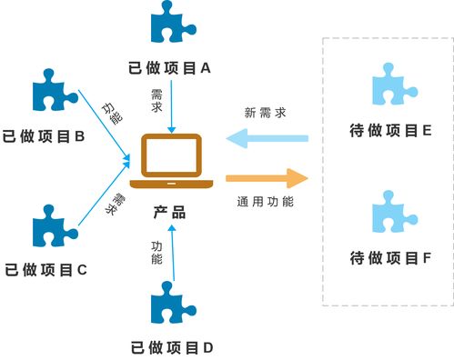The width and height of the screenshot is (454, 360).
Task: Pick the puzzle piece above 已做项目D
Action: [x=171, y=305]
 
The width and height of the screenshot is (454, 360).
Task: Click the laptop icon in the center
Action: [x=169, y=160]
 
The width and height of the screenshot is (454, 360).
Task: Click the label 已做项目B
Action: [x=44, y=137]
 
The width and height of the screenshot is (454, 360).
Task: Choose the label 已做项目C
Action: [x=45, y=269]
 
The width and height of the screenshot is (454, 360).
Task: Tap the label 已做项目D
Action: [x=171, y=346]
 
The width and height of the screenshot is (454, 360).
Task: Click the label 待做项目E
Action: [x=390, y=130]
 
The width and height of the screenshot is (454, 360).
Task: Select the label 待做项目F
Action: [x=390, y=258]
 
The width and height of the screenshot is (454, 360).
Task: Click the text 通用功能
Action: [x=265, y=202]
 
